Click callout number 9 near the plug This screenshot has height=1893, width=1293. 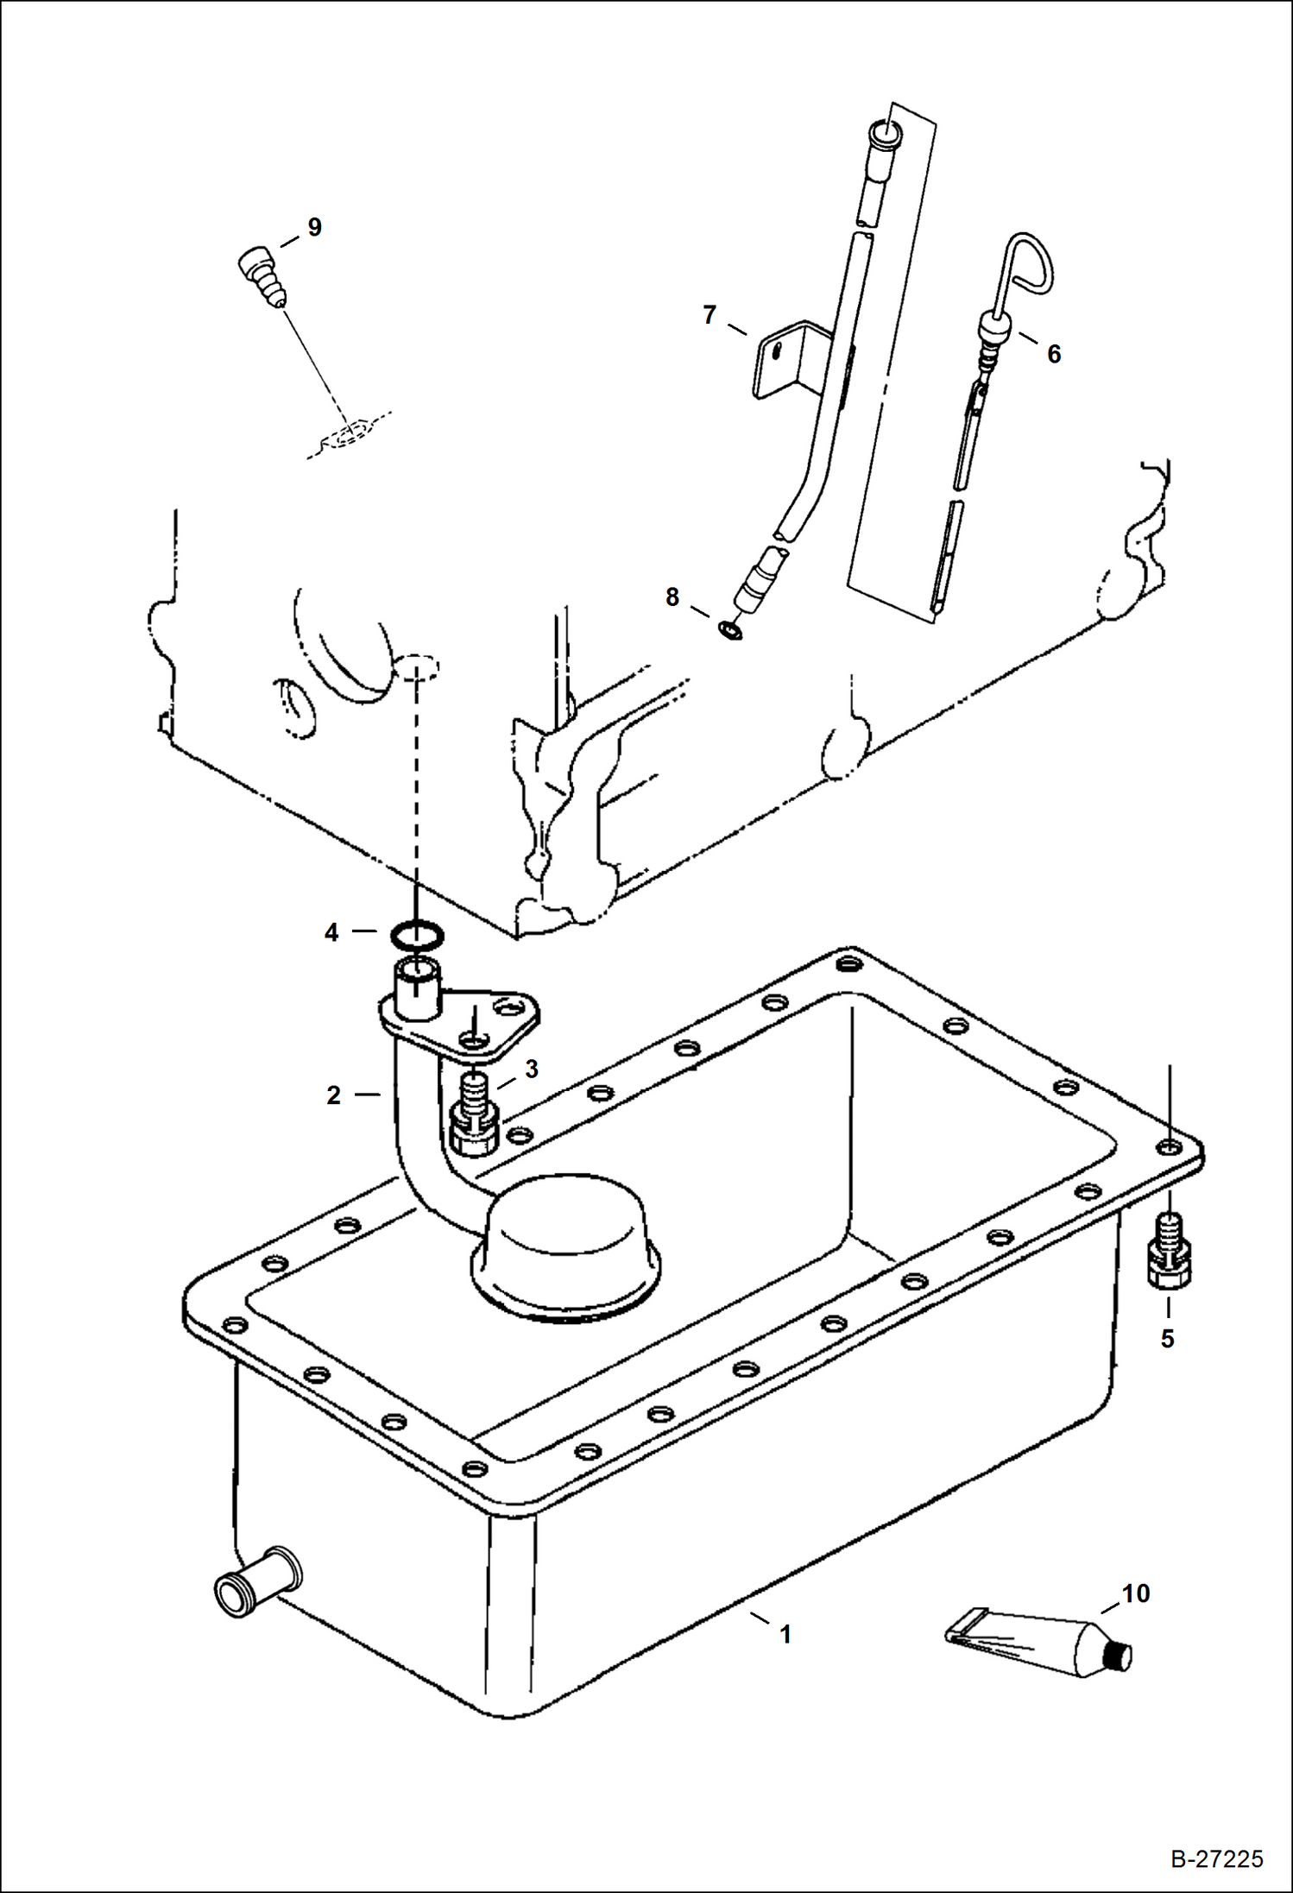click(x=315, y=227)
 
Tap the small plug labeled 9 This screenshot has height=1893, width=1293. click(x=259, y=274)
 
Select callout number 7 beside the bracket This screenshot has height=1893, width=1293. click(x=710, y=316)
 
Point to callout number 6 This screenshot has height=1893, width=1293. click(x=1054, y=354)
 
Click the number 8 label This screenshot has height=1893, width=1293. click(x=672, y=597)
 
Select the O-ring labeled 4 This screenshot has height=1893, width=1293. click(x=418, y=934)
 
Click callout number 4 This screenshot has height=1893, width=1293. click(x=331, y=932)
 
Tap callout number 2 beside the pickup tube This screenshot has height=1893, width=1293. click(x=334, y=1095)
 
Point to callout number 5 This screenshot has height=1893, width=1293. click(x=1167, y=1339)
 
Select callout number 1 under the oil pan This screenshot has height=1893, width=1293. click(x=785, y=1634)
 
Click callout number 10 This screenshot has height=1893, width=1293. click(x=1136, y=1593)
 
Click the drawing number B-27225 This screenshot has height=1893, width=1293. click(x=1217, y=1858)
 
